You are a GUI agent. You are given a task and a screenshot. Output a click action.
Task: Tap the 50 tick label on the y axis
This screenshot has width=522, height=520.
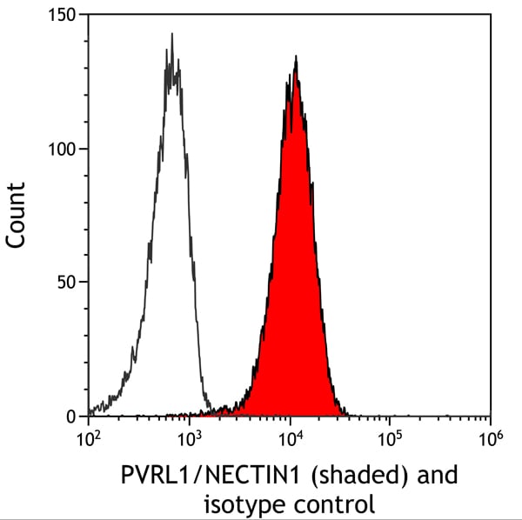(66, 283)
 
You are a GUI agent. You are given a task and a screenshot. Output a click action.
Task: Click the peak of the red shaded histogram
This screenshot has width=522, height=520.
(297, 58)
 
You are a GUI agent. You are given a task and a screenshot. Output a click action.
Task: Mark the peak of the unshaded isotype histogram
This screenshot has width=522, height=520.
(172, 36)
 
